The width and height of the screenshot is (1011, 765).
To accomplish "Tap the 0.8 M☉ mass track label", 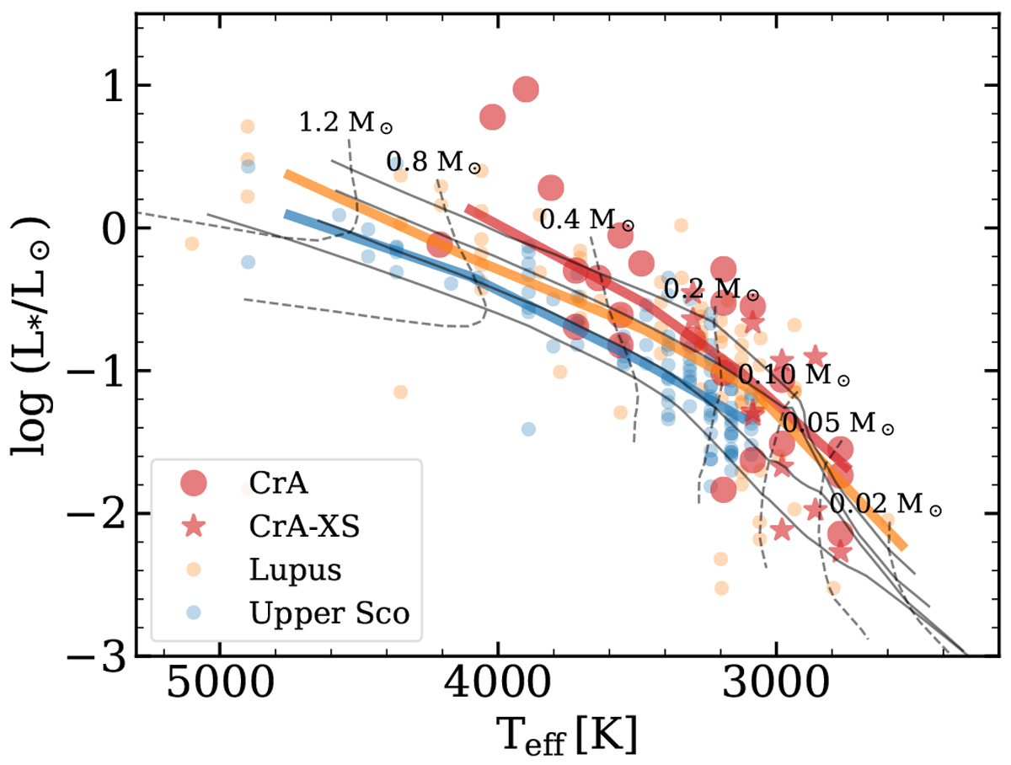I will click(x=433, y=163).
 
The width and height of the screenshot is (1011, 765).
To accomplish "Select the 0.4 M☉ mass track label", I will click(x=586, y=221).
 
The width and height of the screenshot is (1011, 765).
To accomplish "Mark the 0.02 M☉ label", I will click(x=885, y=505).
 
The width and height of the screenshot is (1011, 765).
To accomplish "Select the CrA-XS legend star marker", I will click(x=195, y=527).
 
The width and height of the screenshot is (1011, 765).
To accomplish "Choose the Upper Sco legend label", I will click(x=329, y=614).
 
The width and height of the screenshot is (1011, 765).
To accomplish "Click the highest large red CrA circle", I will click(x=526, y=88).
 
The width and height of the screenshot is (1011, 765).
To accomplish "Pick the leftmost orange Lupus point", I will click(x=192, y=243).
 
